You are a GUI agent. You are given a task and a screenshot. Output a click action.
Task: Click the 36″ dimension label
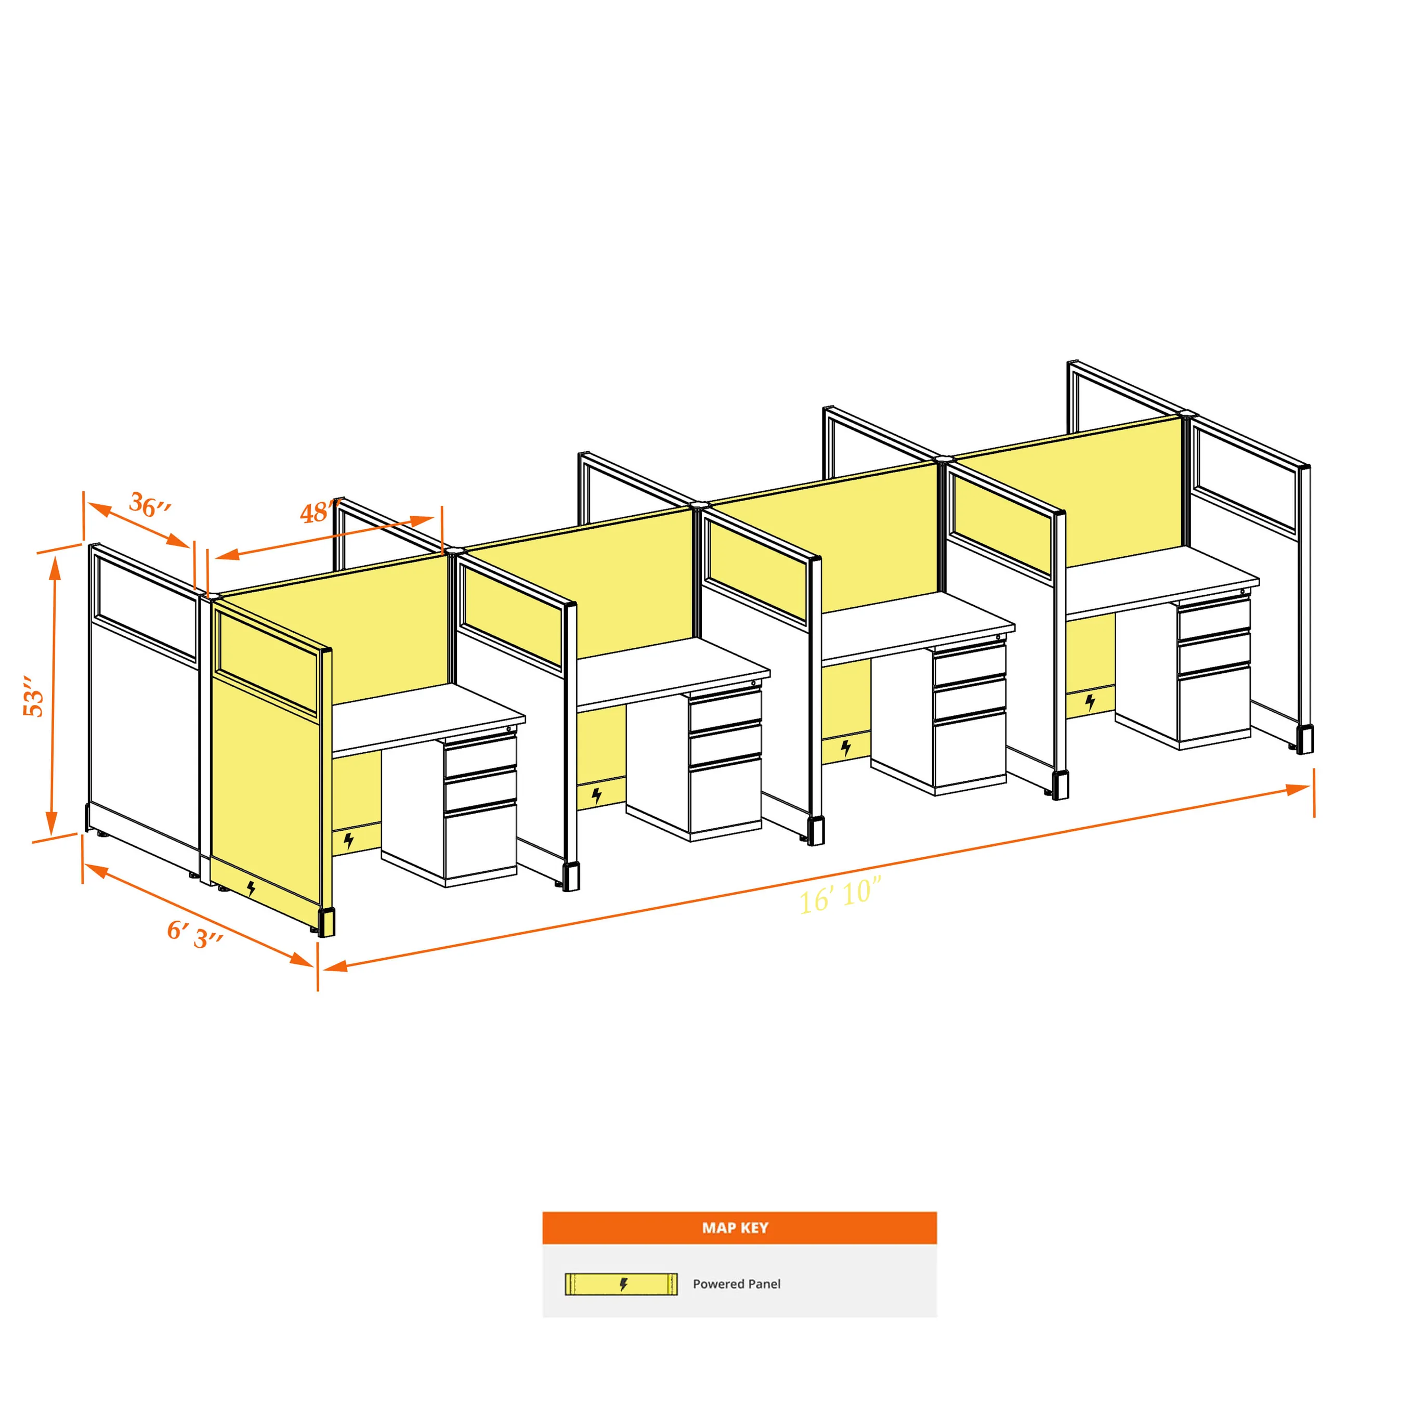point(151,504)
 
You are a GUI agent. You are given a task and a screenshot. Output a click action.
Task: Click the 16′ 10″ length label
point(841,896)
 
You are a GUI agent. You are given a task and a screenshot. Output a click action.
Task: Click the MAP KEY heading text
point(735,1228)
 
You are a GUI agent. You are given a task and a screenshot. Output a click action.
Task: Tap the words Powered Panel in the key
point(737,1284)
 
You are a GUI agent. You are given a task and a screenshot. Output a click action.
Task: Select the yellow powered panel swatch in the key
point(621,1284)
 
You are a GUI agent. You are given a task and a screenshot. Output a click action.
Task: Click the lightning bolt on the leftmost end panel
point(252,888)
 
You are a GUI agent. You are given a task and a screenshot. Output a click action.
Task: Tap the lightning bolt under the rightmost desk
point(1090,703)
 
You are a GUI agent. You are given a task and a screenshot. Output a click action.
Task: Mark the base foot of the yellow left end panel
point(326,922)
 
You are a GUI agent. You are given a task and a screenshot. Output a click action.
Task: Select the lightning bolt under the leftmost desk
point(349,841)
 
